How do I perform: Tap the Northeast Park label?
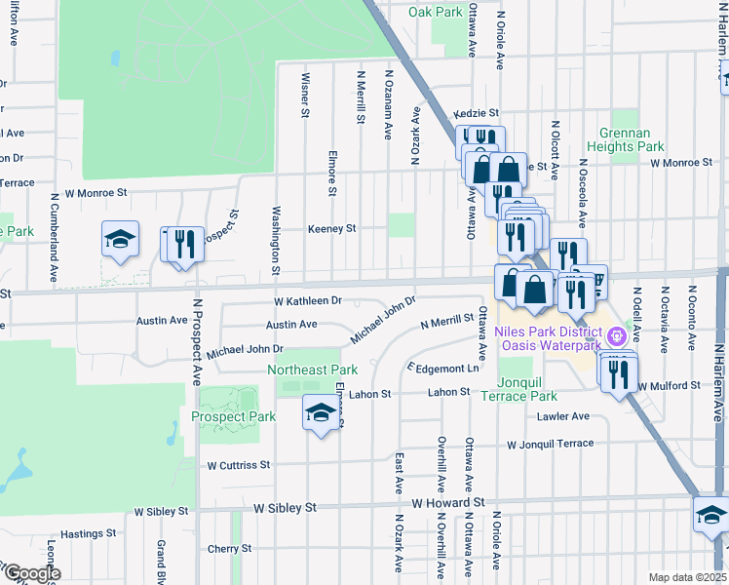pos(312,370)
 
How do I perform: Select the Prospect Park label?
pos(234,416)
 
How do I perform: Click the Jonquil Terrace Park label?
pos(526,389)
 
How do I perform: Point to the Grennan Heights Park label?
pos(632,139)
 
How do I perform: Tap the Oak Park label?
pos(435,13)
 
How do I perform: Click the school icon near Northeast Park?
pos(320,412)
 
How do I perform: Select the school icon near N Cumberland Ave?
pos(120,240)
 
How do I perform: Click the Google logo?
pos(31,572)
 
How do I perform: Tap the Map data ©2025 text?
pos(686,577)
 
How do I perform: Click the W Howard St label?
pos(447,502)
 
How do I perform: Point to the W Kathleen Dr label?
pos(308,302)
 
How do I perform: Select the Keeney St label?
pos(331,228)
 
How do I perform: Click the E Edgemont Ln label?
pos(443,368)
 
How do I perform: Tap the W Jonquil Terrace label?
pos(550,444)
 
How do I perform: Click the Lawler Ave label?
pos(563,416)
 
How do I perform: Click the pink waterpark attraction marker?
pos(615,338)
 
